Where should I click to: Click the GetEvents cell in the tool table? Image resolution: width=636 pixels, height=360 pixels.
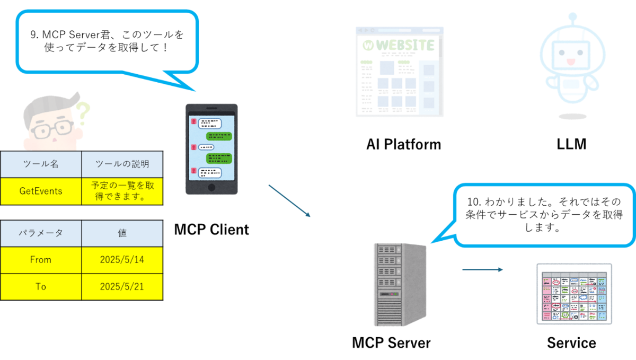coord(41,191)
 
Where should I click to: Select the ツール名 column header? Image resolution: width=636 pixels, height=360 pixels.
coord(41,164)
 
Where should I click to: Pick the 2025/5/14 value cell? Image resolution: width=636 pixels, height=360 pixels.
coord(122,260)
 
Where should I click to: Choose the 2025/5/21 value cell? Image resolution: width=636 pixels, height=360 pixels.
coord(122,286)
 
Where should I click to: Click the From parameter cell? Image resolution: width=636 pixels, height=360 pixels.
coord(41,260)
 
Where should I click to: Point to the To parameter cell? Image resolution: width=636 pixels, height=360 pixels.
coord(41,286)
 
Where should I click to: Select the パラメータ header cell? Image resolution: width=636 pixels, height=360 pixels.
coord(41,233)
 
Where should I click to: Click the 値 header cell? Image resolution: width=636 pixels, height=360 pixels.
coord(122,233)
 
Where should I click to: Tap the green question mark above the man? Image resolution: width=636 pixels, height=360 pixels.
coord(83,113)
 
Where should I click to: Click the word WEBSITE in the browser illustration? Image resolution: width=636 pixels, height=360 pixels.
coord(405,45)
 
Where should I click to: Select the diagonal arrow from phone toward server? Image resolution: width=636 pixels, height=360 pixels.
coord(289,200)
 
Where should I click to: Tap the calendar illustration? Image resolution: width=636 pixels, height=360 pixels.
coord(574,293)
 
